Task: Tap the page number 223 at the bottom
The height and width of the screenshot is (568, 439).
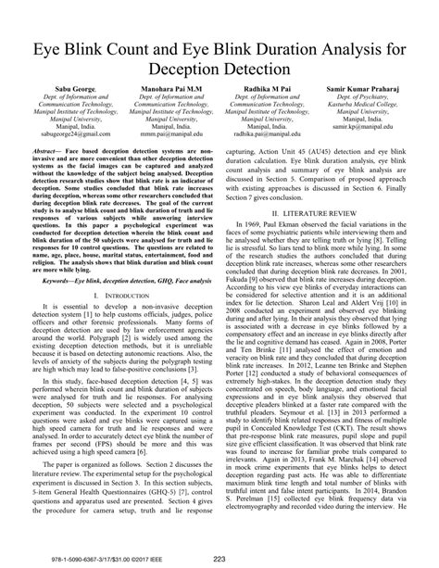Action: coord(219,558)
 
